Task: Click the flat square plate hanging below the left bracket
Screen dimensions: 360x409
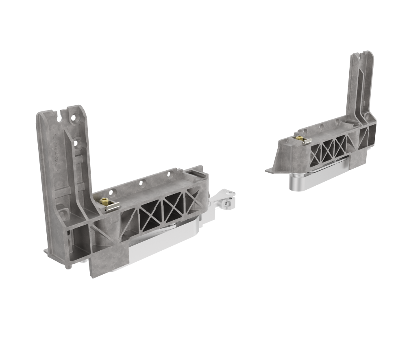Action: pos(107,260)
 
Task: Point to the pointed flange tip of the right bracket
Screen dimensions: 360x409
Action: pos(268,169)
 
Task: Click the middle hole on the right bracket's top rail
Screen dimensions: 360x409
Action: pos(321,127)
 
